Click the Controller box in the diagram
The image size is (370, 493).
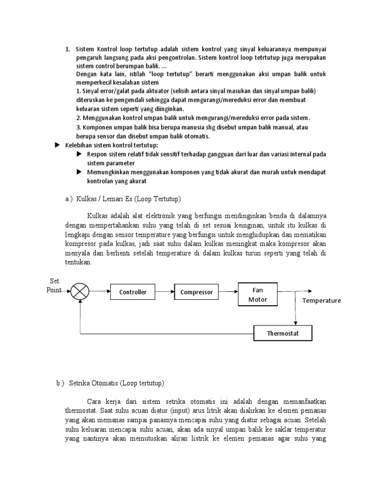[x=132, y=292]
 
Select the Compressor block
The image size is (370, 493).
[x=196, y=292]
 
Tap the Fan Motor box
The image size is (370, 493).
[x=257, y=295]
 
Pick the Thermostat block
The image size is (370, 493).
[x=283, y=333]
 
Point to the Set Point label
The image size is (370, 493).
[x=54, y=285]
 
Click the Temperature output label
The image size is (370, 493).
[x=321, y=300]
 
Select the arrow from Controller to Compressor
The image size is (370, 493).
[x=164, y=292]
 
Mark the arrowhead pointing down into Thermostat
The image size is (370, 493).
[x=296, y=323]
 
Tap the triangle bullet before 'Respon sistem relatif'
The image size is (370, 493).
[x=79, y=154]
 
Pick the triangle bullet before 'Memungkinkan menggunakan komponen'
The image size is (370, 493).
[x=79, y=172]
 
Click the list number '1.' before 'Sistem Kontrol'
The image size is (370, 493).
[x=68, y=49]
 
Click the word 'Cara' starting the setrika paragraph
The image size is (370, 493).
[x=94, y=401]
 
